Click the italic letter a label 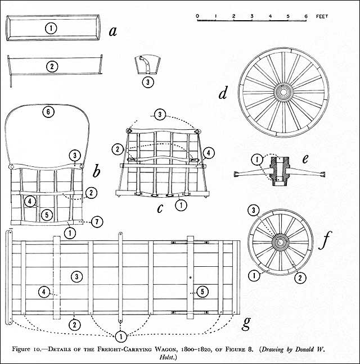coord(113,30)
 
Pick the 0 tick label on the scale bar coord(197,16)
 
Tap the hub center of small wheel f coord(280,242)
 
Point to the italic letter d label coord(223,93)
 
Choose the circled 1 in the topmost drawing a coord(51,28)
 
